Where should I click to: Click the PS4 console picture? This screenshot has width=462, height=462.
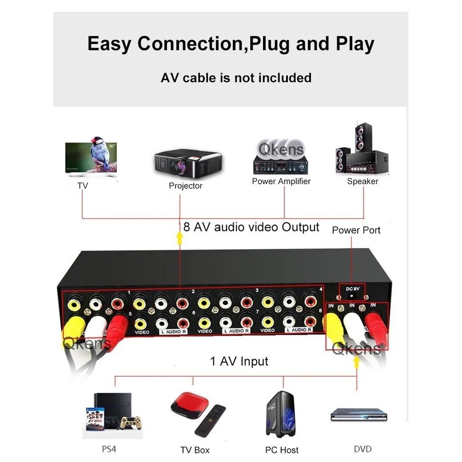click(112, 413)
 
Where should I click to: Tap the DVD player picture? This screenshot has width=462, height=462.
click(359, 415)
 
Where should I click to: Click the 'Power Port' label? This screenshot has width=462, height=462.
click(356, 230)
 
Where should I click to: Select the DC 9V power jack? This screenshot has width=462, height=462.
click(352, 294)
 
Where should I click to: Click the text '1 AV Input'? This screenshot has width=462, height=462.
click(239, 361)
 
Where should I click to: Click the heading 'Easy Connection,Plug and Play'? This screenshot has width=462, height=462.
click(231, 44)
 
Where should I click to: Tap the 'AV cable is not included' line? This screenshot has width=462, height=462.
click(236, 78)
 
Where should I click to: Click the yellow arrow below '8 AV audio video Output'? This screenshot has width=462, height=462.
click(179, 238)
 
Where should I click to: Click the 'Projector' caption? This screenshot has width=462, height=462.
click(185, 185)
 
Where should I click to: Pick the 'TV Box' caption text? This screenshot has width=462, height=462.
click(195, 450)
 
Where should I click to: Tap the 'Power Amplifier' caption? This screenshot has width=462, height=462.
click(281, 181)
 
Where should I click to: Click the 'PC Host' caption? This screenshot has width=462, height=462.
click(282, 450)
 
